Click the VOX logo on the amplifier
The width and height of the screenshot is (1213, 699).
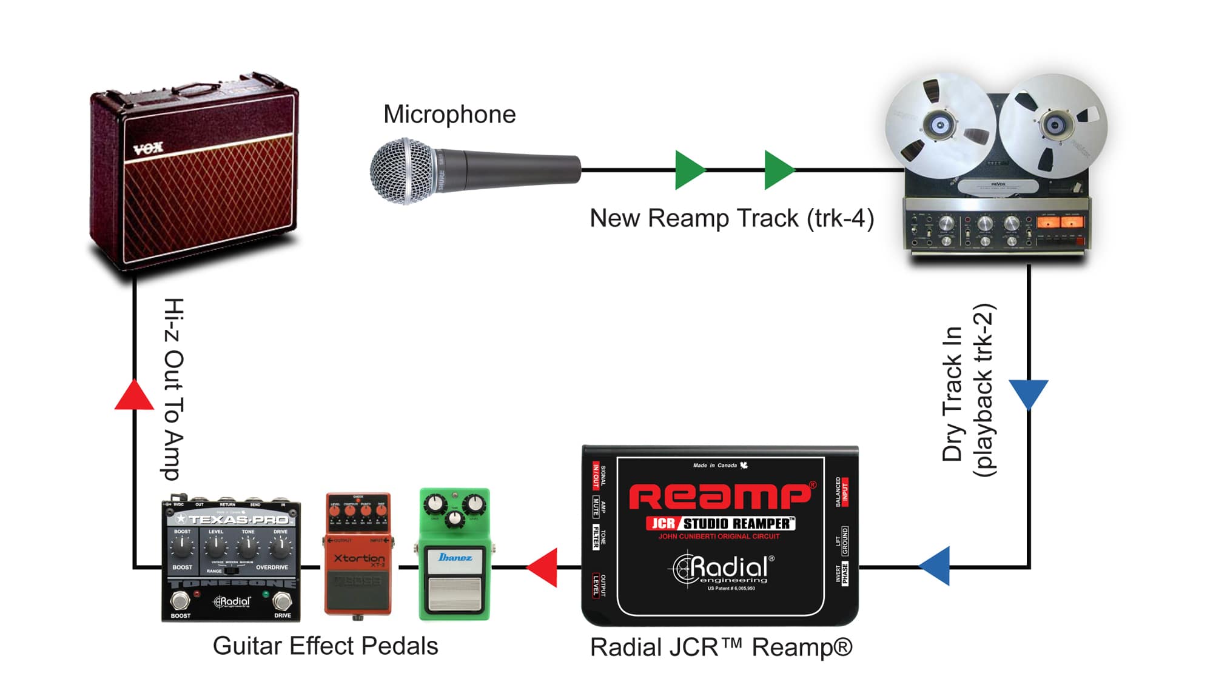(149, 147)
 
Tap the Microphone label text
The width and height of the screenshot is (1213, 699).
(449, 115)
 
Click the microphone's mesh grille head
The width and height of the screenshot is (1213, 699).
(403, 171)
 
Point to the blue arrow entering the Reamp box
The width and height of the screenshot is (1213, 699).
(935, 566)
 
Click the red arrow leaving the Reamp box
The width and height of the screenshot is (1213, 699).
(543, 567)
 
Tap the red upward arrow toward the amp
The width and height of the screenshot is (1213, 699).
(134, 395)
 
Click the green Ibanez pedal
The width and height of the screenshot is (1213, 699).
(454, 555)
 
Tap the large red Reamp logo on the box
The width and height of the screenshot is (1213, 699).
(721, 497)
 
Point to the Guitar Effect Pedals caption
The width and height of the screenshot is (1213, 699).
(325, 646)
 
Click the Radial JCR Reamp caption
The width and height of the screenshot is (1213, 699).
(721, 647)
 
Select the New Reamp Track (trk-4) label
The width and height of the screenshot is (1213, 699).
(731, 218)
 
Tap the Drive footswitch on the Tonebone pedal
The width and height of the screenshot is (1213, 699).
(282, 601)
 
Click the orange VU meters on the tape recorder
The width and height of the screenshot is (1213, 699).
(1060, 222)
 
